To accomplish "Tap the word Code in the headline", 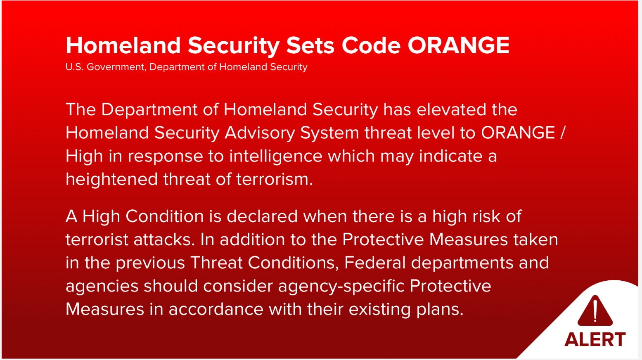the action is [x=371, y=45].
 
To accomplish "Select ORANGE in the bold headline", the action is [x=459, y=45].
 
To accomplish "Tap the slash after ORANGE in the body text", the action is [x=563, y=133].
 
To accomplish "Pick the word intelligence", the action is [x=276, y=156].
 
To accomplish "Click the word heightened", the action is [x=112, y=180].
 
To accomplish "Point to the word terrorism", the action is [x=274, y=180].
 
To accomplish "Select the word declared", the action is [x=262, y=216].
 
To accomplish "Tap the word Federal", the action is [x=375, y=263].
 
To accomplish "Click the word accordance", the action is [x=216, y=310].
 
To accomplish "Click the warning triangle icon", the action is [x=595, y=311].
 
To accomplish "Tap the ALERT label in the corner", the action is [x=595, y=339].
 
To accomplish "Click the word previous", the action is [x=150, y=263].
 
